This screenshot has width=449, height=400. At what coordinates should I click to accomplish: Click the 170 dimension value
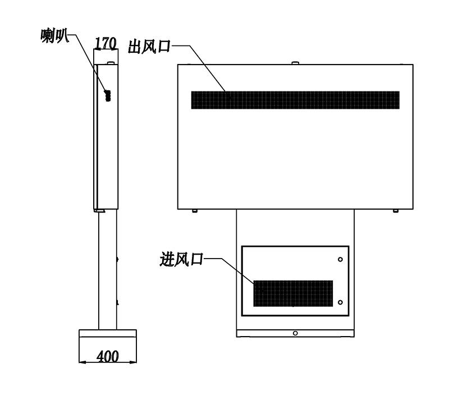[106, 43]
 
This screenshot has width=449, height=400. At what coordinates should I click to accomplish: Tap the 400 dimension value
[107, 356]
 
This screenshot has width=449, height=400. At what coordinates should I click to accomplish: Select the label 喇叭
[54, 36]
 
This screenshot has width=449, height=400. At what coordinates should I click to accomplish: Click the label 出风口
[149, 47]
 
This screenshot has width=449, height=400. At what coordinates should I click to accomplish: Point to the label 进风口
[181, 259]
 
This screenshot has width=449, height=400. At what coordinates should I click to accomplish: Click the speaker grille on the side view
[108, 95]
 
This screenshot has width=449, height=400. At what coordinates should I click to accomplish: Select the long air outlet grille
[295, 100]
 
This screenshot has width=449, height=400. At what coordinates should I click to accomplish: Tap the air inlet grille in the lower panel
[293, 293]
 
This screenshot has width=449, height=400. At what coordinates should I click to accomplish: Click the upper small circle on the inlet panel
[340, 259]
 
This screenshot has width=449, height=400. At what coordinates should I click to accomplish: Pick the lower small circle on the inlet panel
[340, 302]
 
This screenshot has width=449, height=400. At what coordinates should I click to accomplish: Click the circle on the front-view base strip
[295, 333]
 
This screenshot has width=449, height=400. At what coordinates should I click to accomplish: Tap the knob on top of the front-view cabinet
[295, 63]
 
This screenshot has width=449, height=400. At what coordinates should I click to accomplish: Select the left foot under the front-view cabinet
[195, 211]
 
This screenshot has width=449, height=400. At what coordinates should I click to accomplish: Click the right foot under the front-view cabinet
[396, 211]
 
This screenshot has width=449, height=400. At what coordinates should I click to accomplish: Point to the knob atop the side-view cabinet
[111, 63]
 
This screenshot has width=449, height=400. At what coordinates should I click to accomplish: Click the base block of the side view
[108, 346]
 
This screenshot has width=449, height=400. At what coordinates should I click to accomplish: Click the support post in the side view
[108, 269]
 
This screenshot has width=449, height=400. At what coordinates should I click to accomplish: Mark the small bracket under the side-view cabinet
[99, 211]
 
